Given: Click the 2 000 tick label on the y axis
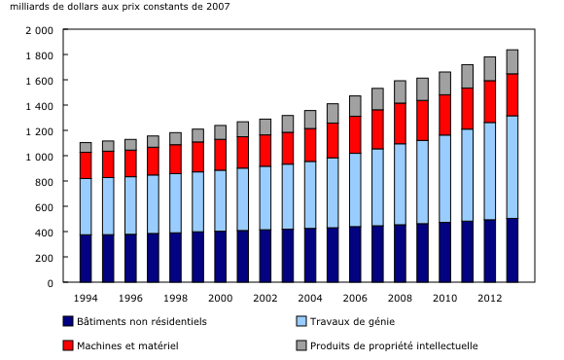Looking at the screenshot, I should pyautogui.click(x=40, y=29).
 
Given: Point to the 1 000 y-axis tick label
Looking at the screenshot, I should pyautogui.click(x=40, y=156).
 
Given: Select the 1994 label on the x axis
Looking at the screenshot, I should pyautogui.click(x=86, y=297).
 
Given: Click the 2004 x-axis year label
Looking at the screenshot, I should pyautogui.click(x=310, y=297).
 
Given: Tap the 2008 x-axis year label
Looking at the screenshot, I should pyautogui.click(x=400, y=297).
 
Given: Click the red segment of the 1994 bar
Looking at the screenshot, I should pyautogui.click(x=86, y=165).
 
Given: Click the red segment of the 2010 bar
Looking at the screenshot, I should pyautogui.click(x=444, y=115).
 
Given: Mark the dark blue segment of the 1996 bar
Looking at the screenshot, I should pyautogui.click(x=130, y=259).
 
